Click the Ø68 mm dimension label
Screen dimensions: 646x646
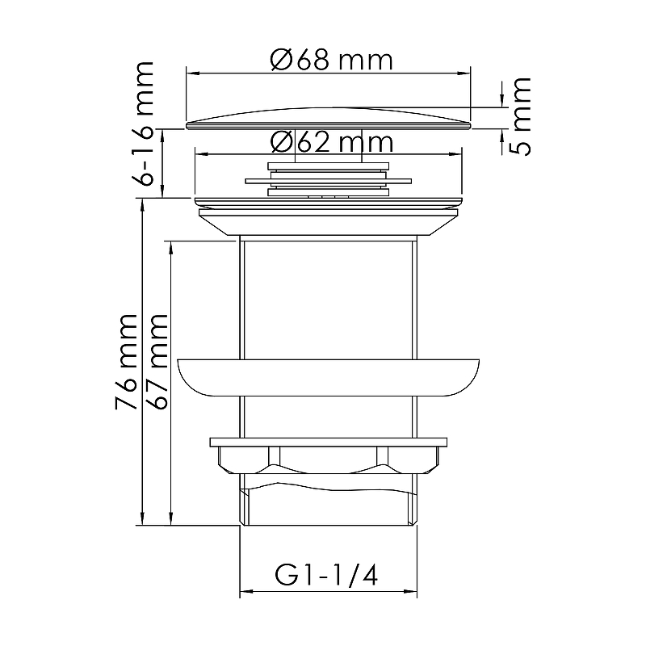[x=331, y=60]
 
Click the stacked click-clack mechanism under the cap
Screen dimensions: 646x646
[x=329, y=179]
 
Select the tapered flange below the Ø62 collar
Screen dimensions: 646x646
[x=329, y=222]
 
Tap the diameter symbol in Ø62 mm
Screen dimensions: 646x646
[x=280, y=143]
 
